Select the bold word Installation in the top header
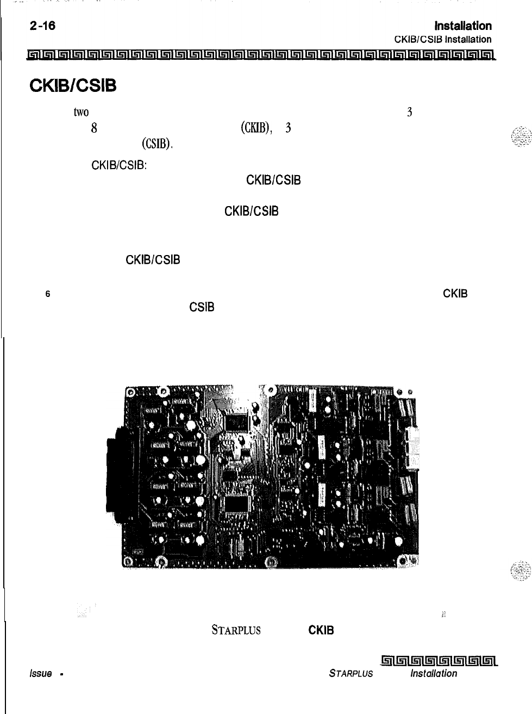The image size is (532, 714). pyautogui.click(x=463, y=26)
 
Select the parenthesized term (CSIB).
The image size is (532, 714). pyautogui.click(x=157, y=144)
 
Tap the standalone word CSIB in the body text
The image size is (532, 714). pyautogui.click(x=202, y=307)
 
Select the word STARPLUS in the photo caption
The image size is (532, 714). pyautogui.click(x=236, y=630)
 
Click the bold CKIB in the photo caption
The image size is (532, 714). pyautogui.click(x=321, y=630)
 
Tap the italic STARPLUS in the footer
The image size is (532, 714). pyautogui.click(x=351, y=673)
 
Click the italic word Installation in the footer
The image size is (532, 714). pyautogui.click(x=434, y=673)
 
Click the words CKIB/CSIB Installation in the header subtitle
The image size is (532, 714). pyautogui.click(x=442, y=39)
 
